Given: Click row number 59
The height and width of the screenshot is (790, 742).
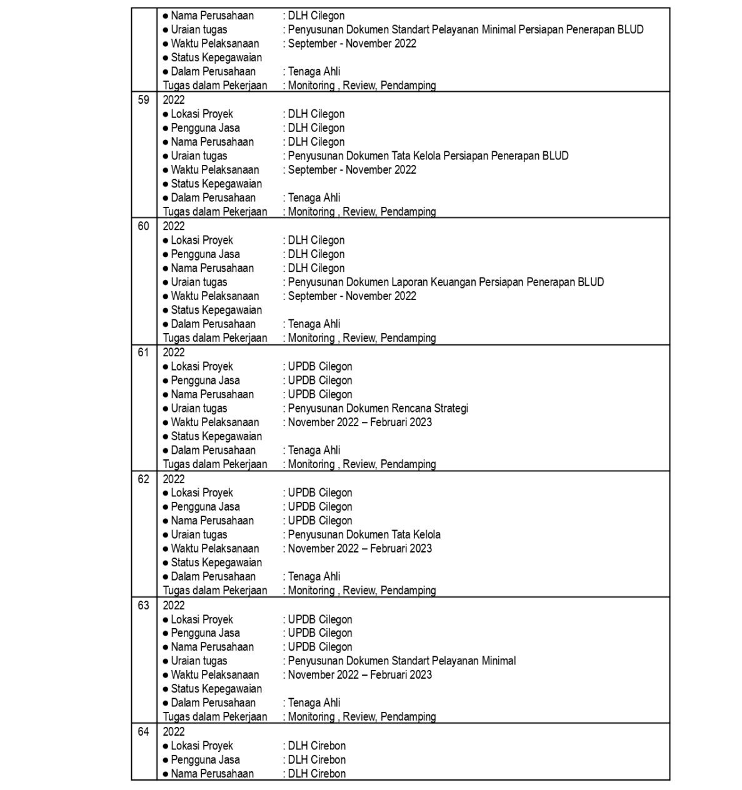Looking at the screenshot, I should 144,100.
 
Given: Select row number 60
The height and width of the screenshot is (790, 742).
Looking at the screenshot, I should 144,226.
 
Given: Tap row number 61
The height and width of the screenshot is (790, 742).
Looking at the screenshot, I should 144,352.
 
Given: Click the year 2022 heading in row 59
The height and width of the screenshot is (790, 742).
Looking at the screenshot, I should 174,100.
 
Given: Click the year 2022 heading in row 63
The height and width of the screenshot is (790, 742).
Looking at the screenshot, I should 174,606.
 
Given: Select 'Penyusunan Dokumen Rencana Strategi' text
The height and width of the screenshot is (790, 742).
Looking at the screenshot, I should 378,409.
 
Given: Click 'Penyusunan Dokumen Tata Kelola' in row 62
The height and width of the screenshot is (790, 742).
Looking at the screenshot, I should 364,535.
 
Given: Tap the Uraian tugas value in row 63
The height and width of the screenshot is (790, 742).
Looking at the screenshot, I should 401,661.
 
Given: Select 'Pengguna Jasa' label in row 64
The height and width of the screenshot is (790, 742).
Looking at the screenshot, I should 205,760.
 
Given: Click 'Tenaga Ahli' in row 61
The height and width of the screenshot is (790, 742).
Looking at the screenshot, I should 314,451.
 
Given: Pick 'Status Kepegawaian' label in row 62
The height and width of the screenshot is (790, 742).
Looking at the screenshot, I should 216,562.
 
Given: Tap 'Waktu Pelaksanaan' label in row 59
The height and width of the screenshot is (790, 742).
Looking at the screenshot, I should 214,170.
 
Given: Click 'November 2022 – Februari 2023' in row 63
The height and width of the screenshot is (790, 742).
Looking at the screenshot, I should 359,675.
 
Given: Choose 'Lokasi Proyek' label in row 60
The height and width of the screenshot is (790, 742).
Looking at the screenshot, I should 201,241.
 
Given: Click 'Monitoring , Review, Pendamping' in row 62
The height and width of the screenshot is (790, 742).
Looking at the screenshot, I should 361,591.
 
